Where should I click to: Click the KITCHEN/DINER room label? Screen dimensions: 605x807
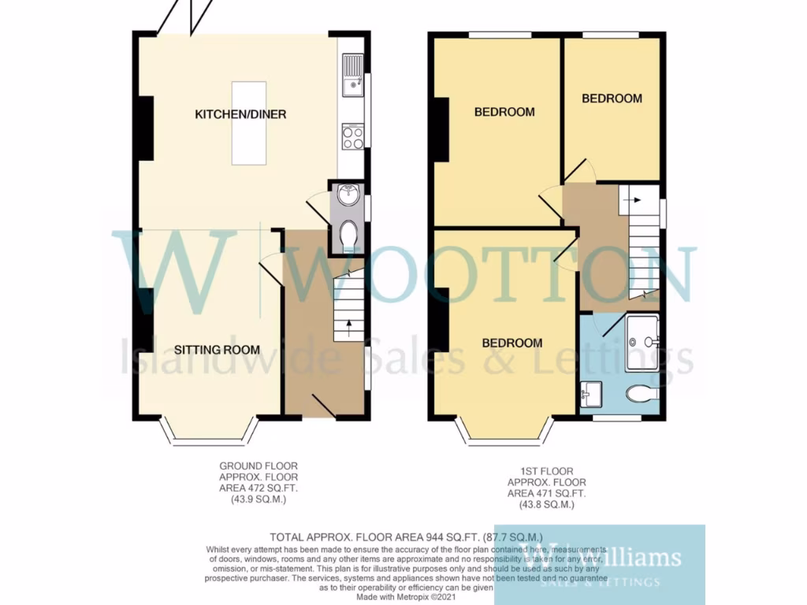coord(240,114)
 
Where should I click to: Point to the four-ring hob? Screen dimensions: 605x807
coord(352,137)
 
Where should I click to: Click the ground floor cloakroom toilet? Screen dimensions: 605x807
coord(348,233)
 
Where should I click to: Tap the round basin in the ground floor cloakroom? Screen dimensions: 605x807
coord(348,194)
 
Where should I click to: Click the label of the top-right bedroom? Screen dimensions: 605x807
coord(612,98)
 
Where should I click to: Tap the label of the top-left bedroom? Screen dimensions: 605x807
coord(504,112)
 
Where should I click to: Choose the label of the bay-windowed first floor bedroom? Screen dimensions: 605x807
coord(512,343)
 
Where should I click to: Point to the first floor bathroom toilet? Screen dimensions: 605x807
coord(642,393)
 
